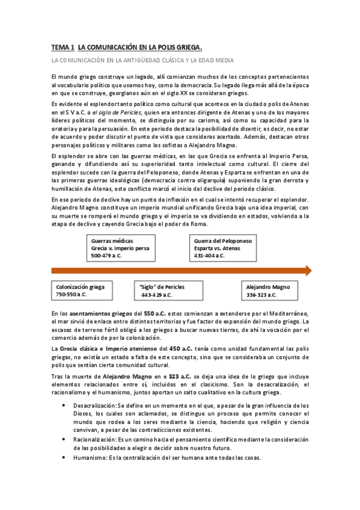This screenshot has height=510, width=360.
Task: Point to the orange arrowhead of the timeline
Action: coord(307,270)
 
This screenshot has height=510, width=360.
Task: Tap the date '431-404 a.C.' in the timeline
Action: coord(210,256)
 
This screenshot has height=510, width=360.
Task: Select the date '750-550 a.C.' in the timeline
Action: coord(72,295)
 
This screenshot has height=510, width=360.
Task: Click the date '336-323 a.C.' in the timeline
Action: coord(261,295)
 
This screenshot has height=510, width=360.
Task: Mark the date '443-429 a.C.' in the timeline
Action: coord(157,295)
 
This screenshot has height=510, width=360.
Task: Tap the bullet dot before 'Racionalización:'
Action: coord(66,440)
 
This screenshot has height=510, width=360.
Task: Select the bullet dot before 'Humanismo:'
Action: coord(66,458)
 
